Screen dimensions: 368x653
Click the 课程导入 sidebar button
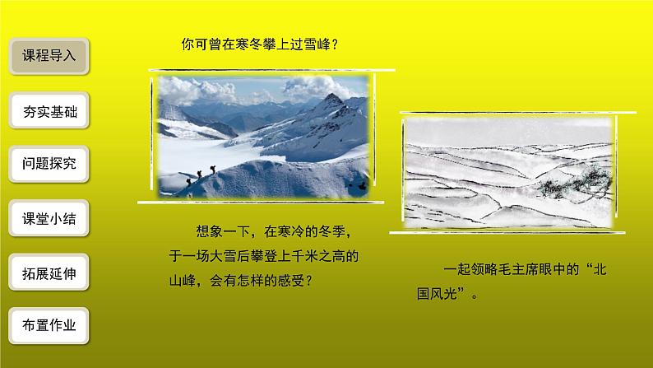coord(49,57)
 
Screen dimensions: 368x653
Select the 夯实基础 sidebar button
coord(49,112)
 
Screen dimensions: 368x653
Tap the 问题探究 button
coord(49,164)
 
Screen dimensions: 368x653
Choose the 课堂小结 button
coord(49,220)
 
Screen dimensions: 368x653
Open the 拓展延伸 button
coord(49,273)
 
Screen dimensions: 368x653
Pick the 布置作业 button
coord(49,325)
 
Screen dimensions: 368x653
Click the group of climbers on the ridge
coord(201,175)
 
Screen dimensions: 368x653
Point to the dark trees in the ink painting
coord(576,175)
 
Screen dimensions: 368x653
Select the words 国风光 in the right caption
coord(444,294)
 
